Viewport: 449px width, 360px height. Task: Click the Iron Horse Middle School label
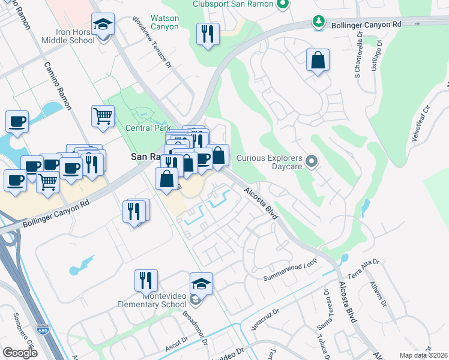point(67,36)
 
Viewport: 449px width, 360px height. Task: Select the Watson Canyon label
point(164,23)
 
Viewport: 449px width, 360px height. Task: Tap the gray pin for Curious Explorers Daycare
point(311,161)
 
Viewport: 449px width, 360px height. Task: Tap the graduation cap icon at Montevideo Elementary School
point(202,283)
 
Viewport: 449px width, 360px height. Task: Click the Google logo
point(20,352)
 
